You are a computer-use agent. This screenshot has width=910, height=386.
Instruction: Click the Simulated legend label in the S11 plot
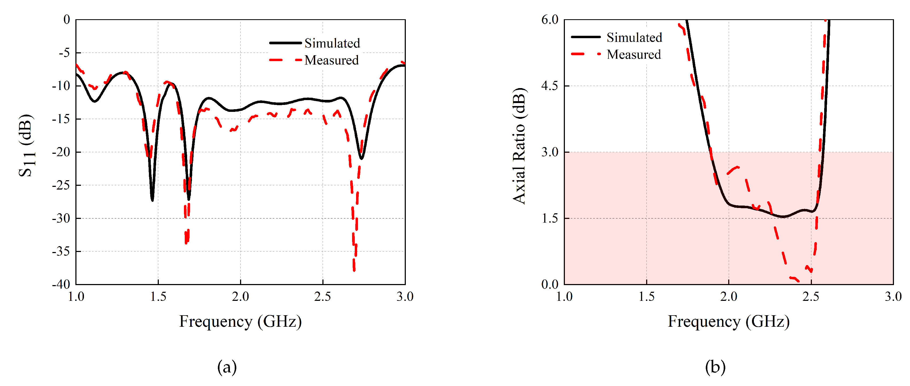click(x=332, y=43)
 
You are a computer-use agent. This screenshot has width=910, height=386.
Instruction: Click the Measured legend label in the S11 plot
click(x=331, y=60)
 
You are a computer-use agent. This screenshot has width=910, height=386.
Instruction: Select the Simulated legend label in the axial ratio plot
click(x=634, y=37)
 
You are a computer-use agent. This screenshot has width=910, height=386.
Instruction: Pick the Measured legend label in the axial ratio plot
click(x=634, y=54)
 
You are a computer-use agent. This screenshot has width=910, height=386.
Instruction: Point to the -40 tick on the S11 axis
click(x=61, y=284)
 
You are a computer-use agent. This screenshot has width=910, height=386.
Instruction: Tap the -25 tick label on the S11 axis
click(x=61, y=185)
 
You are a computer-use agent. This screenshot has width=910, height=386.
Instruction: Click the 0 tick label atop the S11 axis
click(x=66, y=19)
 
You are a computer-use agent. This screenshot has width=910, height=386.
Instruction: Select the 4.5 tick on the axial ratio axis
click(x=550, y=86)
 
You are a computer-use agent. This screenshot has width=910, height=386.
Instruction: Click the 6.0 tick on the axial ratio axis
click(x=550, y=19)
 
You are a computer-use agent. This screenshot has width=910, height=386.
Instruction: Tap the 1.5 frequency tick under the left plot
click(x=158, y=296)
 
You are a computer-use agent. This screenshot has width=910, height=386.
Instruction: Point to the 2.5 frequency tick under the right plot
click(x=811, y=296)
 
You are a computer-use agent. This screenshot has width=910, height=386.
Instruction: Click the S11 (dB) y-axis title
click(x=26, y=145)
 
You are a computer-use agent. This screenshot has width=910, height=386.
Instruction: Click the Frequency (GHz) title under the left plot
click(x=240, y=321)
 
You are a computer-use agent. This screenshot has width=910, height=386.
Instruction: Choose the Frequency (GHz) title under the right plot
click(x=728, y=321)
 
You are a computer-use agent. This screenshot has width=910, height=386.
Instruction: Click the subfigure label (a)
click(x=227, y=367)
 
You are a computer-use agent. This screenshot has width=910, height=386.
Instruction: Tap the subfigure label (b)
click(x=715, y=367)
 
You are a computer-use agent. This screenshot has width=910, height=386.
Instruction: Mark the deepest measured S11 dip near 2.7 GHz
click(x=354, y=270)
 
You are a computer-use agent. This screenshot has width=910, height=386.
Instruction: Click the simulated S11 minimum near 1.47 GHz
click(x=152, y=200)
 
